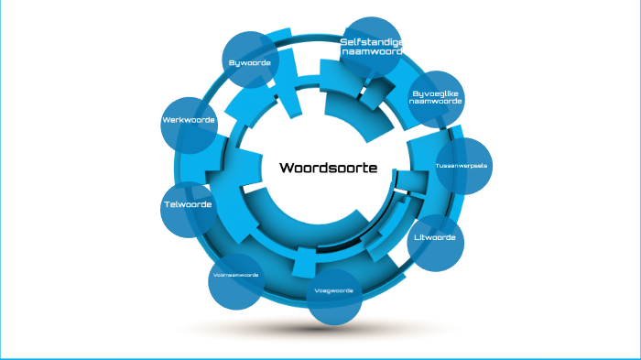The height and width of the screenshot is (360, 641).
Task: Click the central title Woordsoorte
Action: [328, 168]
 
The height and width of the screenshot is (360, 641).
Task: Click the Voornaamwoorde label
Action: [235, 275]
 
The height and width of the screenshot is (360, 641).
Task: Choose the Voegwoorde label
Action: [333, 290]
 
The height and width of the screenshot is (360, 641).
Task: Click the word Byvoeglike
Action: [436, 93]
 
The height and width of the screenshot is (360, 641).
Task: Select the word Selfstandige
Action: [371, 42]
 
